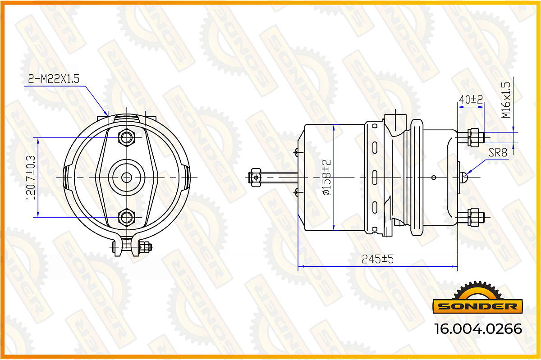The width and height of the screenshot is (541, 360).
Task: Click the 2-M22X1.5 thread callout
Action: pos(54,79)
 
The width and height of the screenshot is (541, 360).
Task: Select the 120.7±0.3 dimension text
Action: pos(31,178)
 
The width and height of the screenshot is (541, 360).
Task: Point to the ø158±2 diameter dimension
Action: pos(326,178)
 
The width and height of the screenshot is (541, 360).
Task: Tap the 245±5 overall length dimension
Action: pos(377,260)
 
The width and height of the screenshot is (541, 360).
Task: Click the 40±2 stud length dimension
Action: pos(471,100)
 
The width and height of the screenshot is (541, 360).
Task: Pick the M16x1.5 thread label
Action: pos(506,100)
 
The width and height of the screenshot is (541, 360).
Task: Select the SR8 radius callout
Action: pos(498,152)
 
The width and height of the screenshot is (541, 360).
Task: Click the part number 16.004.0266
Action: pos(478,329)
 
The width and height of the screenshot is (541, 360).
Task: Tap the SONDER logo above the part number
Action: pos(478,298)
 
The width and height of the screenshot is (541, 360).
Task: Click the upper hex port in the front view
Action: pos(127,137)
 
